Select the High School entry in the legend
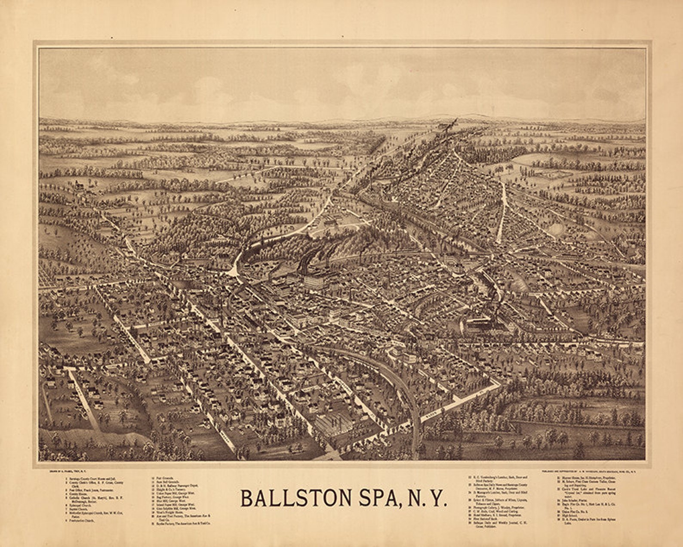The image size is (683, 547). (567, 516)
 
